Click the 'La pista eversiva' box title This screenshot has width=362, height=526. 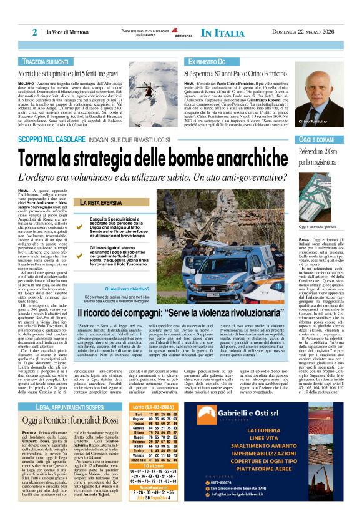[x=100, y=203]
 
